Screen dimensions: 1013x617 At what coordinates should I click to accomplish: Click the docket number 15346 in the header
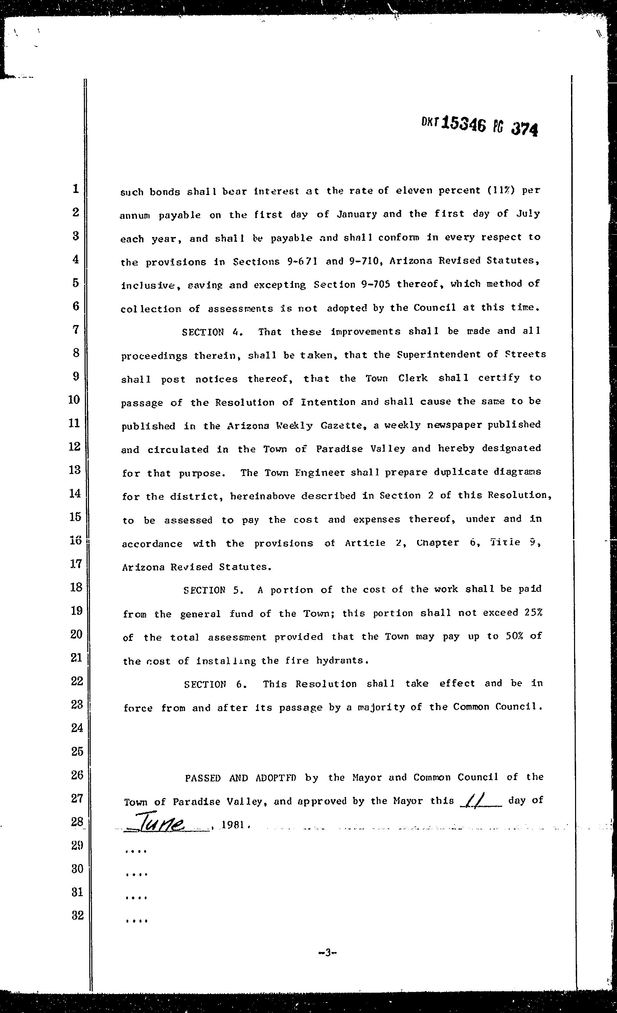463,123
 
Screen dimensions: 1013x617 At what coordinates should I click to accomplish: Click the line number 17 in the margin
76,564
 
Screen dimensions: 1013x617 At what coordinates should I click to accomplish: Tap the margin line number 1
75,189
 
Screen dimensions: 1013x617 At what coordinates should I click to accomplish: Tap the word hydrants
342,660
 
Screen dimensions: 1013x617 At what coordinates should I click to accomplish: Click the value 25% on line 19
533,612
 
